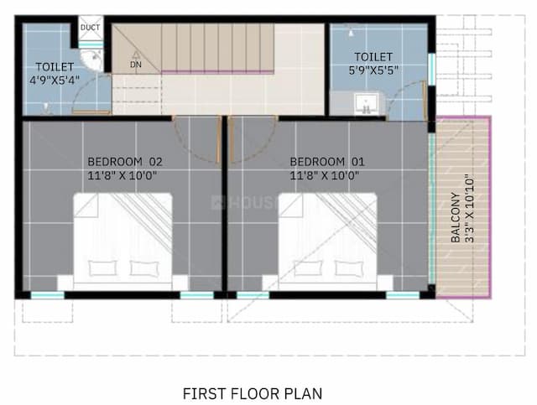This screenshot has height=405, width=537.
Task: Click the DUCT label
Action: point(90,28)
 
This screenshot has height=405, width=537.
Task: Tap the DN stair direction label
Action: point(136,64)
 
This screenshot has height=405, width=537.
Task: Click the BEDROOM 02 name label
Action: point(124,161)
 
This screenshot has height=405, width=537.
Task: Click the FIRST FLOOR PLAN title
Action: point(252,392)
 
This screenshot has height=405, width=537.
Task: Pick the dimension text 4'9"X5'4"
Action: point(55,81)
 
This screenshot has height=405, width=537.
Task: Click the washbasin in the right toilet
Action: point(364,104)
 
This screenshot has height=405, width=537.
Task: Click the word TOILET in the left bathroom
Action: point(55,67)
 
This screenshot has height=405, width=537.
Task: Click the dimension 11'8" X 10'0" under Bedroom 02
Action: point(123,175)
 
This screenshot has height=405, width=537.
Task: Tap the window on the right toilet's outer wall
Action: point(430,70)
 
